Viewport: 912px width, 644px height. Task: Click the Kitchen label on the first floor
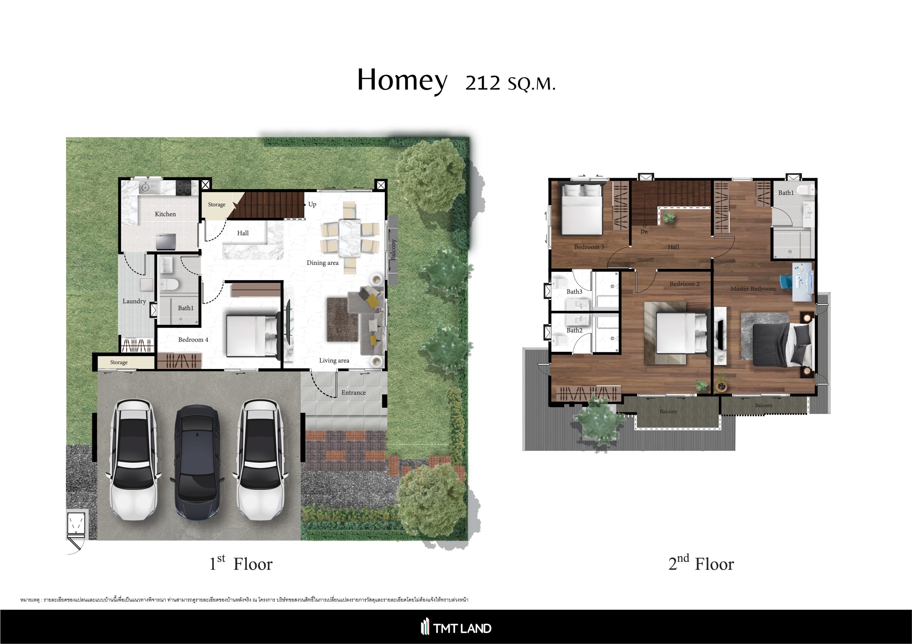pyautogui.click(x=165, y=214)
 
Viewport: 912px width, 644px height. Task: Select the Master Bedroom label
pyautogui.click(x=753, y=289)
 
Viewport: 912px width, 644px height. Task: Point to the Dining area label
pyautogui.click(x=322, y=263)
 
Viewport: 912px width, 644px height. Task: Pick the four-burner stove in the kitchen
pyautogui.click(x=183, y=187)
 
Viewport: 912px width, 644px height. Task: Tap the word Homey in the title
pyautogui.click(x=402, y=80)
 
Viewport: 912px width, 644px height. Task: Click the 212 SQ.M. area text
pyautogui.click(x=510, y=83)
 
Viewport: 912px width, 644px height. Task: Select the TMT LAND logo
pyautogui.click(x=456, y=628)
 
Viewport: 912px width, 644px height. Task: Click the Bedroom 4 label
pyautogui.click(x=193, y=339)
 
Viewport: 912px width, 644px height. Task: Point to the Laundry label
pyautogui.click(x=134, y=301)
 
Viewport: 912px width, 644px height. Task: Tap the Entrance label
pyautogui.click(x=353, y=393)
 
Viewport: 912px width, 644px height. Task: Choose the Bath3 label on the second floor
pyautogui.click(x=574, y=292)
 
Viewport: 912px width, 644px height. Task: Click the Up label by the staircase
pyautogui.click(x=312, y=204)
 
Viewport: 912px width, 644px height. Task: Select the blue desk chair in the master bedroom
pyautogui.click(x=786, y=282)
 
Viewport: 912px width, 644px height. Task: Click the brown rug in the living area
pyautogui.click(x=342, y=320)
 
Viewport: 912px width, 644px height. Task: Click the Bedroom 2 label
pyautogui.click(x=684, y=284)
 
